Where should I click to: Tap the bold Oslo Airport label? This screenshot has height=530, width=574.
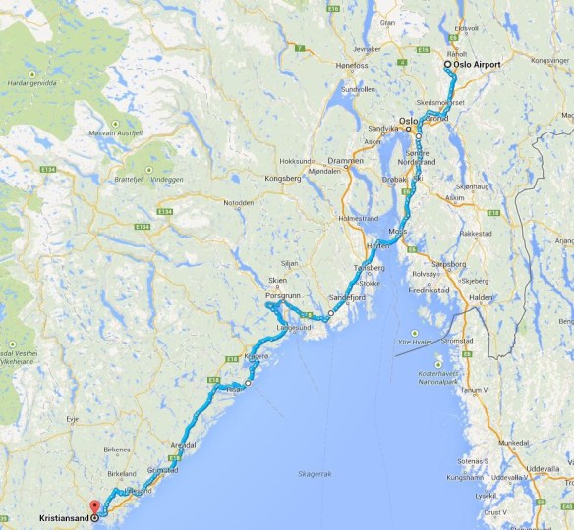coord(478,65)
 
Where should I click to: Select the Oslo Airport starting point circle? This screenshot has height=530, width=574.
coord(448,65)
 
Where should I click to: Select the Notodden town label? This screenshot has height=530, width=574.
coord(239,203)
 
